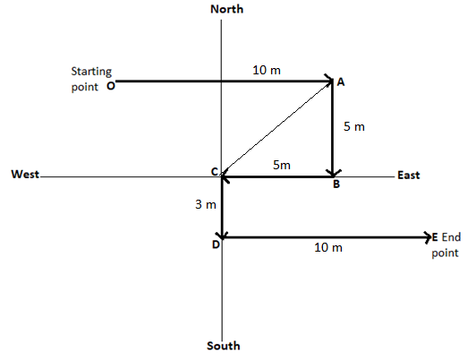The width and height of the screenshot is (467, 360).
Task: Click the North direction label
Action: [226, 9]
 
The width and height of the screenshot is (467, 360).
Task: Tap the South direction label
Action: [224, 346]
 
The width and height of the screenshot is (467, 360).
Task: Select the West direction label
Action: [25, 174]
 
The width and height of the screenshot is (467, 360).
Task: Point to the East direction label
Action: [409, 175]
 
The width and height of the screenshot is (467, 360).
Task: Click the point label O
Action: [111, 86]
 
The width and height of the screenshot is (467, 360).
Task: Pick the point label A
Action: [341, 81]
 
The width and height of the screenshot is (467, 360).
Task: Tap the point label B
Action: [336, 184]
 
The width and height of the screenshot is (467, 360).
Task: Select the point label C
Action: [215, 172]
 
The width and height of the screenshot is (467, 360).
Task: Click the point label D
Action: [216, 244]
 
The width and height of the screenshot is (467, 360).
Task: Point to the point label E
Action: [435, 237]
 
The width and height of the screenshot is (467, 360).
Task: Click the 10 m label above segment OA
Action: [267, 70]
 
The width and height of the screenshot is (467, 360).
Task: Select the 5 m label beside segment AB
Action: [354, 126]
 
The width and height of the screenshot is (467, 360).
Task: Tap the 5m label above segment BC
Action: [282, 165]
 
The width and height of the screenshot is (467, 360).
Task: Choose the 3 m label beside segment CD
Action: [206, 204]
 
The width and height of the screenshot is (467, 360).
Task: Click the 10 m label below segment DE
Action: [328, 247]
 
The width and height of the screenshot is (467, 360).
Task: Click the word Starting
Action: [91, 72]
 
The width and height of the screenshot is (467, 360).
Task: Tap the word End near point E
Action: [451, 237]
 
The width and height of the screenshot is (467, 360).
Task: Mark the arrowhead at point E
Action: [429, 237]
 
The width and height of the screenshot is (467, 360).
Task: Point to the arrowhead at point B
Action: [333, 173]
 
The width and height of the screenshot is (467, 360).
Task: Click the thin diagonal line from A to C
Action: [276, 129]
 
